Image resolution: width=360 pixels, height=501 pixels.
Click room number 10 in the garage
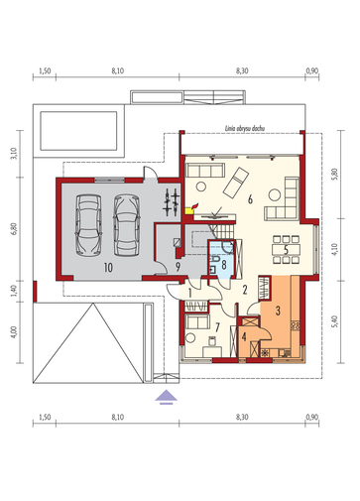108,267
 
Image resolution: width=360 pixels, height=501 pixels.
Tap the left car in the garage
88,225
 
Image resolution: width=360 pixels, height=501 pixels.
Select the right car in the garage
127,225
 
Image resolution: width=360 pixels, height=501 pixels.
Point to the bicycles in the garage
172,202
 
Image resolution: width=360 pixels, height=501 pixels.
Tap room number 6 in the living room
250,199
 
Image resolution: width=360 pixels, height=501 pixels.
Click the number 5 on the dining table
286,250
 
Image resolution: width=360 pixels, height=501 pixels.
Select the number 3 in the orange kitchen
278,311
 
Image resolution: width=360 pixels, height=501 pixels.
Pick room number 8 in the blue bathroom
224,265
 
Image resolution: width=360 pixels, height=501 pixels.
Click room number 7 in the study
217,327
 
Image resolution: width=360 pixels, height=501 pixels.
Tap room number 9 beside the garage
178,267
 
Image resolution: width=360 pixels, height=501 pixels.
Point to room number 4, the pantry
244,337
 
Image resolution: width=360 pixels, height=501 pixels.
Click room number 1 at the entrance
190,293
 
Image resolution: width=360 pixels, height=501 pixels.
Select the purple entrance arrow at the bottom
167,397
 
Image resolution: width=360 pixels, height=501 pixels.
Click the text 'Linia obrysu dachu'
245,129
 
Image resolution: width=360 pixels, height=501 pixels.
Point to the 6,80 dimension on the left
14,229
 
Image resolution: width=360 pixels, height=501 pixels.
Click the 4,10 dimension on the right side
335,249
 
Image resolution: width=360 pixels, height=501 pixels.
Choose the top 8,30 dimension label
242,70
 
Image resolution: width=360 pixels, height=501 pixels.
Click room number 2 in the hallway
245,290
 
